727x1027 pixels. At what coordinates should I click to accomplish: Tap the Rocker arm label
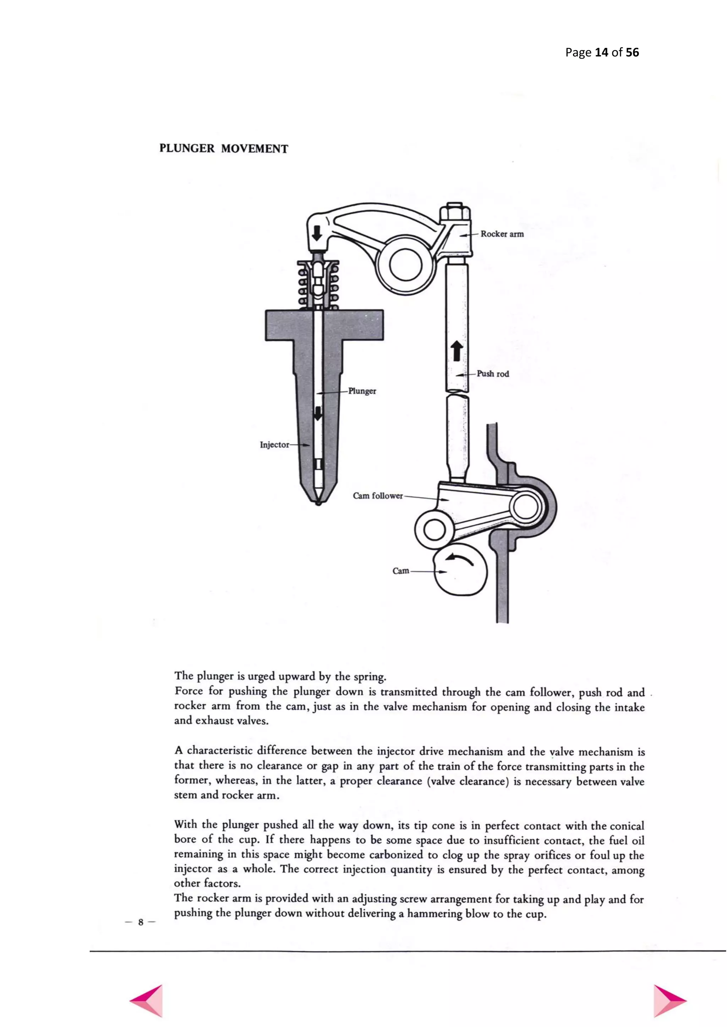(502, 234)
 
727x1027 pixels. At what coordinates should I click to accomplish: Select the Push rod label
(492, 374)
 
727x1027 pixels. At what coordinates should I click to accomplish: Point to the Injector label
(274, 445)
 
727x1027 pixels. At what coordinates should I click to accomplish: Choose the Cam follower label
(377, 496)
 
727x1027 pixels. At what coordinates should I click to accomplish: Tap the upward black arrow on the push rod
(457, 351)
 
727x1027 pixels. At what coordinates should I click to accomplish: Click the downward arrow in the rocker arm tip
(317, 232)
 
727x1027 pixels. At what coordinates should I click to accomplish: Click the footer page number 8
(141, 922)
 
